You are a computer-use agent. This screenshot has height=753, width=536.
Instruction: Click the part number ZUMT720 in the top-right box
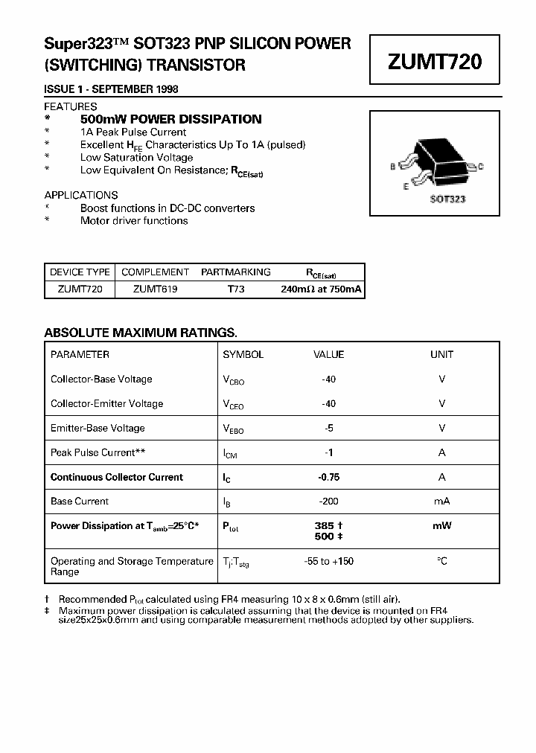[435, 62]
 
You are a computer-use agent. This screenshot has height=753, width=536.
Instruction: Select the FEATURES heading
[71, 106]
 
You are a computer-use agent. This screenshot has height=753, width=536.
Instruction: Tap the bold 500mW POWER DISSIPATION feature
[170, 119]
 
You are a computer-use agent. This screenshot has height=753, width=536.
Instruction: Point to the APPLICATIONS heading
[81, 195]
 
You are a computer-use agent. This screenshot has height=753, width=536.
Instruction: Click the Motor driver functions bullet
[134, 221]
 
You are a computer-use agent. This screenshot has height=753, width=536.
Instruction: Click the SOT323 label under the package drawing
[447, 199]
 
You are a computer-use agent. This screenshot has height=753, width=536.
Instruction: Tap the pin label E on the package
[406, 187]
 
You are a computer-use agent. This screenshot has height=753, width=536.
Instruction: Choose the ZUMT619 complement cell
[155, 289]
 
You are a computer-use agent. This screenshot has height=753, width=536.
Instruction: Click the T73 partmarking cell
[235, 289]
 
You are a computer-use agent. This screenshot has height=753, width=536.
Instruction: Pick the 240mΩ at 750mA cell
[321, 289]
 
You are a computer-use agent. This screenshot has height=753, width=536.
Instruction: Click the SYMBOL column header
[243, 355]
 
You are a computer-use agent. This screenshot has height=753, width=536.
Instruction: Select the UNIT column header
[441, 355]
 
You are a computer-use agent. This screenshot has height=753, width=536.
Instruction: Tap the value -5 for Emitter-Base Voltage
[328, 429]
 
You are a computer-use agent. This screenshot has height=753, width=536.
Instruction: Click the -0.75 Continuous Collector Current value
[328, 478]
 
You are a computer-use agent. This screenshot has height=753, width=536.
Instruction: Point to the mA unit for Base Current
[441, 502]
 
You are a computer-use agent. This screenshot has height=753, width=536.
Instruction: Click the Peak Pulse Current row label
[98, 452]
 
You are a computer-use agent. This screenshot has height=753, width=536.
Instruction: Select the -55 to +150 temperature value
[328, 561]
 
